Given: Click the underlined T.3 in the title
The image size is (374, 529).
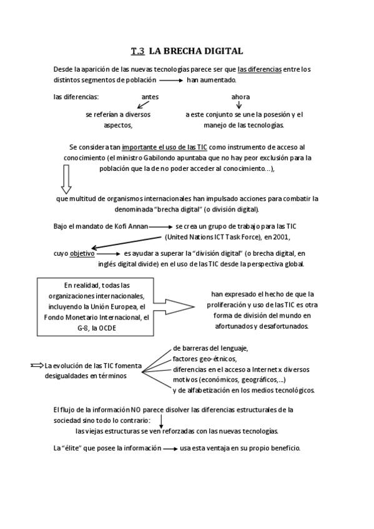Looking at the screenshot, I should [138, 51].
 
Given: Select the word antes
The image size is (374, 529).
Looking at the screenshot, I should [150, 97].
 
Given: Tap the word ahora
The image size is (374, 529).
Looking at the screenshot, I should [240, 97].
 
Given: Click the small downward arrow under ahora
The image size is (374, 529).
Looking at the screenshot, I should [239, 105].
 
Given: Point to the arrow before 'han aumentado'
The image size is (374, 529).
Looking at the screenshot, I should [171, 81].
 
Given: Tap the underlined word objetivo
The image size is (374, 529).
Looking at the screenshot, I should [82, 253].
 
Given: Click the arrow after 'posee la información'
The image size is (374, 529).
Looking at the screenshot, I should [170, 449].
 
